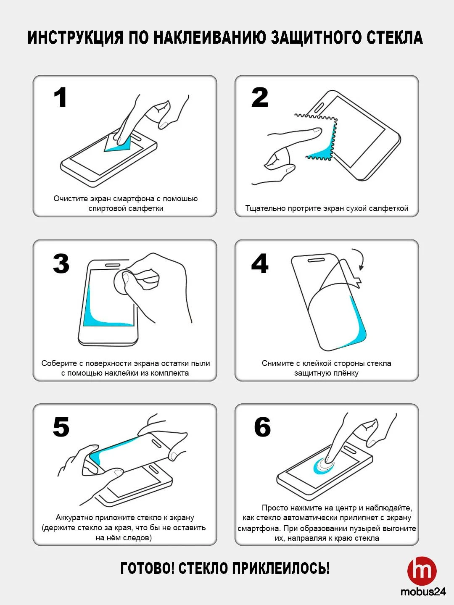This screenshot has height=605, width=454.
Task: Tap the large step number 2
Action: pos(260,97)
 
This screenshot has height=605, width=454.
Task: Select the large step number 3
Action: pos(61,263)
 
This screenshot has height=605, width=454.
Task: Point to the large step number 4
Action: pos(260,263)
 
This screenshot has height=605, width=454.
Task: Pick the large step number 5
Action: pos(61,427)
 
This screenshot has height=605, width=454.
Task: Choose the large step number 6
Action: pos(262,427)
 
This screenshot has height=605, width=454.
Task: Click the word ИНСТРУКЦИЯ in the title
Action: pos(75,38)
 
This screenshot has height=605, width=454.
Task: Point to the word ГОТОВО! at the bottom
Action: pos(148,568)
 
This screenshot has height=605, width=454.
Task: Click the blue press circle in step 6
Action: pos(324,466)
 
